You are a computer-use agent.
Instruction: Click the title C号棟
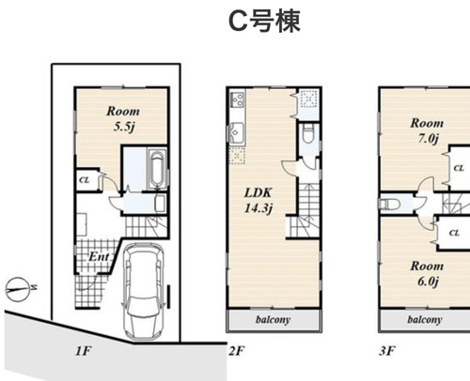(x=265, y=21)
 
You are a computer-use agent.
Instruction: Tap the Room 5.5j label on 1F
(x=123, y=119)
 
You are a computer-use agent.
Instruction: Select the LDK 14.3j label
(x=258, y=200)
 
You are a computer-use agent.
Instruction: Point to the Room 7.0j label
(x=427, y=130)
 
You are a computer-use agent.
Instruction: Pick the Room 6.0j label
(x=427, y=273)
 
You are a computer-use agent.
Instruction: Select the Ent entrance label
(x=99, y=257)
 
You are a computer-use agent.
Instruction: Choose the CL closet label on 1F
(x=85, y=180)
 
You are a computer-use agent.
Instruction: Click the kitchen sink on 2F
(x=237, y=132)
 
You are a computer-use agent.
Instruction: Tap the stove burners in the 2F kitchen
(x=238, y=99)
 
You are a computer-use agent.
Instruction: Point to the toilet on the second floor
(x=308, y=134)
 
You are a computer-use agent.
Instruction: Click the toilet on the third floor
(x=390, y=204)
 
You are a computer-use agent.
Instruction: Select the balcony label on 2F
(x=273, y=320)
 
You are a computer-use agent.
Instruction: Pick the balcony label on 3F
(x=425, y=320)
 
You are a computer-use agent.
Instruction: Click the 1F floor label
(x=84, y=351)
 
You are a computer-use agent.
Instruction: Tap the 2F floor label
(x=237, y=351)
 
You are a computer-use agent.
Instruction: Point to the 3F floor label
(x=387, y=351)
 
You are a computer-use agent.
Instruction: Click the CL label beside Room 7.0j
(x=459, y=168)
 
